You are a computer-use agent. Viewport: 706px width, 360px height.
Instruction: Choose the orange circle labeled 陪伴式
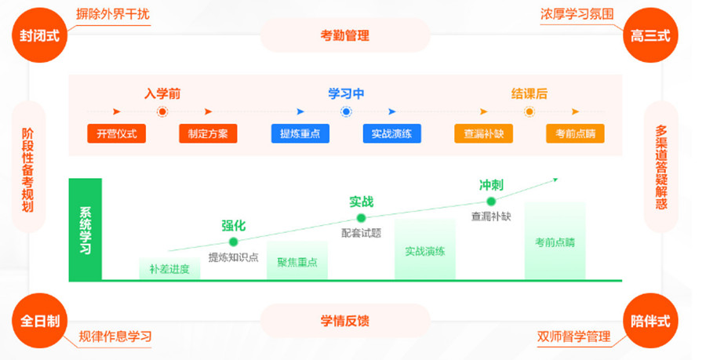650,322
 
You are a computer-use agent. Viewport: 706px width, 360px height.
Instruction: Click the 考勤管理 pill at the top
344,35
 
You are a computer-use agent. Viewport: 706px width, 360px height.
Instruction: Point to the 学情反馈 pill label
344,321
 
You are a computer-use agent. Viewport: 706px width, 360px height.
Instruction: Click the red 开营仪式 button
116,133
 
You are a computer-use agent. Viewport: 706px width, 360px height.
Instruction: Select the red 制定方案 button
208,133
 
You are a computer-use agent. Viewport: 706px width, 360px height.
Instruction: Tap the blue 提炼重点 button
300,133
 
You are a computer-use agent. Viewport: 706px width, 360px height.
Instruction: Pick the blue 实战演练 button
391,133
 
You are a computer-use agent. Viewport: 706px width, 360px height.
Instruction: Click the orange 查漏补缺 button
483,133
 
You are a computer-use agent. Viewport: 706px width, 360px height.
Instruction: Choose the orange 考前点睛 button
575,133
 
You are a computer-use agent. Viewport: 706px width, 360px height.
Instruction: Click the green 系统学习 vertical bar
86,230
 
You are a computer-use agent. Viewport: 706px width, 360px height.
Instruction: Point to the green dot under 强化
233,242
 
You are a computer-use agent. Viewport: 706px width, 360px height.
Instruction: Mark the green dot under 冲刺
491,202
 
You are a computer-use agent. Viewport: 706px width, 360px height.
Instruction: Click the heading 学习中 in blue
346,94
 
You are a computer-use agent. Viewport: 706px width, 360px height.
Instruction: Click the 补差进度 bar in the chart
169,269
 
